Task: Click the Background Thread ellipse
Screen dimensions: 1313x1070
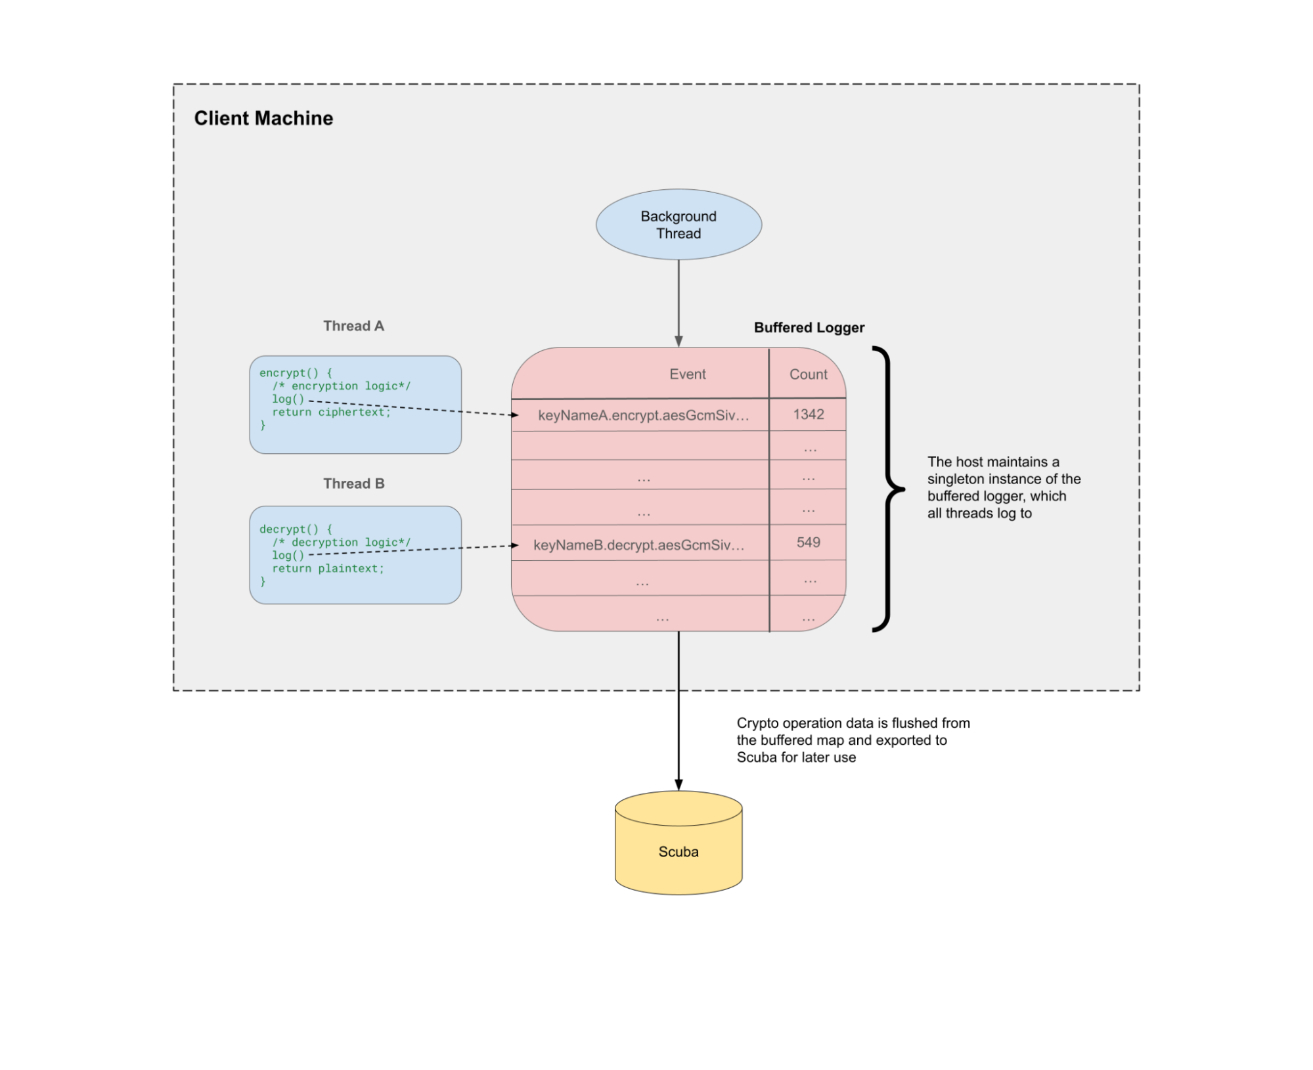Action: tap(679, 225)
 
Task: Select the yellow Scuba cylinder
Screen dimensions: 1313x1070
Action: tap(679, 843)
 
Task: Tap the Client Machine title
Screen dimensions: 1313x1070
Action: tap(263, 118)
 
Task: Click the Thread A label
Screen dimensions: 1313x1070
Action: tap(353, 326)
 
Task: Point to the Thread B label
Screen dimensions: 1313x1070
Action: tap(353, 483)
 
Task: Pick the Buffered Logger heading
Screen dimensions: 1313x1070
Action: tap(809, 328)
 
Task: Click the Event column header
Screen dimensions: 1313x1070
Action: tap(688, 374)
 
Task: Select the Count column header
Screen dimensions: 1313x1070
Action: tap(809, 374)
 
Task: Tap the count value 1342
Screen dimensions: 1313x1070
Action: tap(809, 414)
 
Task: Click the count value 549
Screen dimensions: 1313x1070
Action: tap(809, 543)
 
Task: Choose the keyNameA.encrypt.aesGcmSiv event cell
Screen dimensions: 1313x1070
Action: tap(644, 416)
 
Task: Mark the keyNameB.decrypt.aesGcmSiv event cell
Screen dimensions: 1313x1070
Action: tap(639, 545)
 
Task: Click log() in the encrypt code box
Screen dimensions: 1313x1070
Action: tap(288, 399)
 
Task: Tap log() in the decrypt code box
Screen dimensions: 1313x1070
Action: tap(288, 556)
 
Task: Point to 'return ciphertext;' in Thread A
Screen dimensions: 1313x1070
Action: tap(332, 412)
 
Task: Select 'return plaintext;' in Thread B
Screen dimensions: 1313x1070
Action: tap(328, 569)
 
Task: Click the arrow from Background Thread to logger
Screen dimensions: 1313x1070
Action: tap(679, 303)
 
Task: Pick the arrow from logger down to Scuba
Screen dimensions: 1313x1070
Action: tap(679, 711)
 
